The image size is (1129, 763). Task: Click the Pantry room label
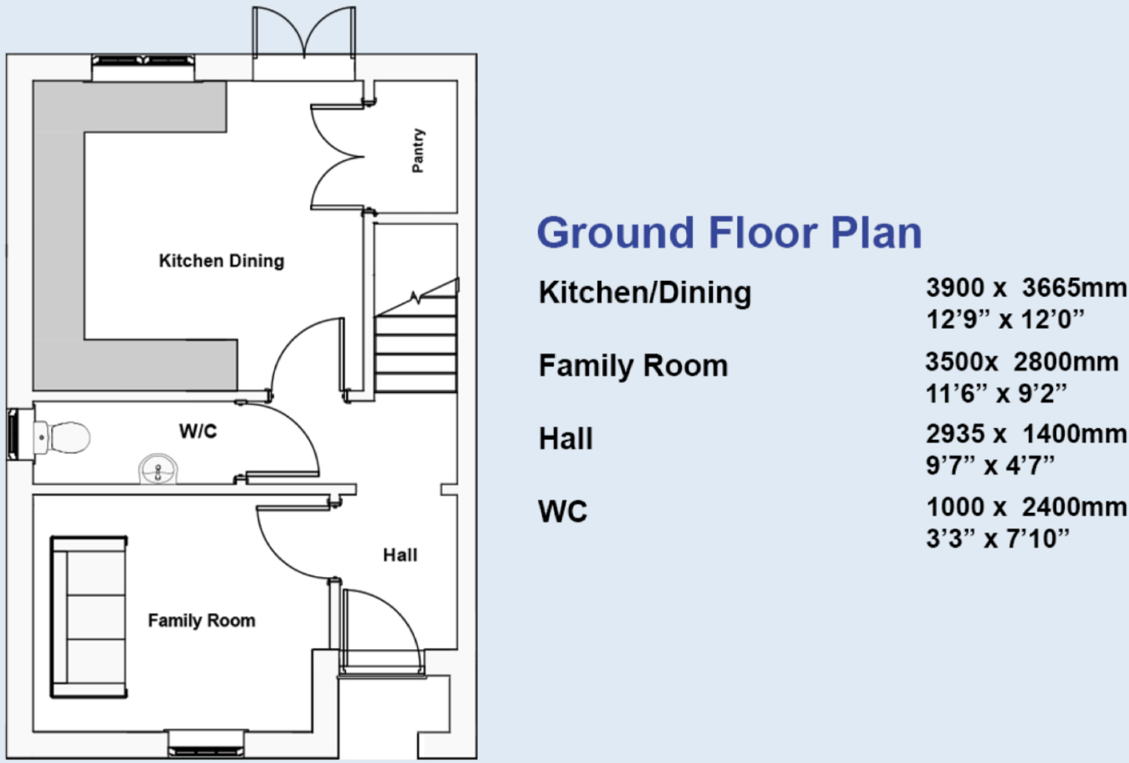418,151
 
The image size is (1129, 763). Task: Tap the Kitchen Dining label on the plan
221,261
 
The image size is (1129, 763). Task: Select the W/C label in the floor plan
197,431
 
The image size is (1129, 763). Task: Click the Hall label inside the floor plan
400,555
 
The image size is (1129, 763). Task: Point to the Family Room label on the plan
201,620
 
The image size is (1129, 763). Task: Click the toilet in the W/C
64,437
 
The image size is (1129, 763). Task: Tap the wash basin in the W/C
158,468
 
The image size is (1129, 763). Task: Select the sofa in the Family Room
89,617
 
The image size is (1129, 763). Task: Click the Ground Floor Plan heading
729,233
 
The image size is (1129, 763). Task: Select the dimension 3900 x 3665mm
1025,288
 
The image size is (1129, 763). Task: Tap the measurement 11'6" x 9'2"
995,394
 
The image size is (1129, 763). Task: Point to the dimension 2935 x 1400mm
1025,434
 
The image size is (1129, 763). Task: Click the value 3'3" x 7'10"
997,539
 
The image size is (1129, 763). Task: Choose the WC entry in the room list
562,512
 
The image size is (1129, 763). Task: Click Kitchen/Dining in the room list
644,292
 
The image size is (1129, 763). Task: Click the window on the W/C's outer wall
12,433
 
